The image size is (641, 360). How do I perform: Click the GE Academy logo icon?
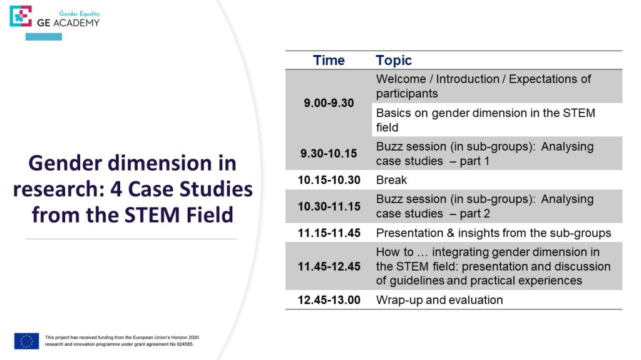pyautogui.click(x=21, y=16)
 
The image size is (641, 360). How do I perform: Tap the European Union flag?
pyautogui.click(x=26, y=341)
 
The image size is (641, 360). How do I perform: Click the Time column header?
pyautogui.click(x=329, y=61)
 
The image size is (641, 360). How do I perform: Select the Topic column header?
pyautogui.click(x=394, y=61)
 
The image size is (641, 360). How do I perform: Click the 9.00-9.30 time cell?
pyautogui.click(x=329, y=103)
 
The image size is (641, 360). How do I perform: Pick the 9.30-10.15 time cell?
pyautogui.click(x=329, y=154)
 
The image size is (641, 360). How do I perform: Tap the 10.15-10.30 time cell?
pyautogui.click(x=329, y=180)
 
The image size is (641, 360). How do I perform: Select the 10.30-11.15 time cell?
pyautogui.click(x=329, y=206)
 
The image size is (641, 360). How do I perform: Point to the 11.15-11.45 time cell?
pyautogui.click(x=329, y=233)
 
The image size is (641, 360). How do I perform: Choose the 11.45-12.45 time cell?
pyautogui.click(x=329, y=266)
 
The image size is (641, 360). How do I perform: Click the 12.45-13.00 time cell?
pyautogui.click(x=329, y=300)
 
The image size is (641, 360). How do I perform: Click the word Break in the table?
pyautogui.click(x=391, y=180)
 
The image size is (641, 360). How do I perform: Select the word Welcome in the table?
pyautogui.click(x=401, y=79)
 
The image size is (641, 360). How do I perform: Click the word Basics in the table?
pyautogui.click(x=394, y=113)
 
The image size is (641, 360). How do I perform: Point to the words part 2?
pyautogui.click(x=474, y=214)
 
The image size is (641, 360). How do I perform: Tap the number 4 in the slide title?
pyautogui.click(x=116, y=189)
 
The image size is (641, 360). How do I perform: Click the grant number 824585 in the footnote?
pyautogui.click(x=185, y=344)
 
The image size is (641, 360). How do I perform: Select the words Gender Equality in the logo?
pyautogui.click(x=79, y=14)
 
